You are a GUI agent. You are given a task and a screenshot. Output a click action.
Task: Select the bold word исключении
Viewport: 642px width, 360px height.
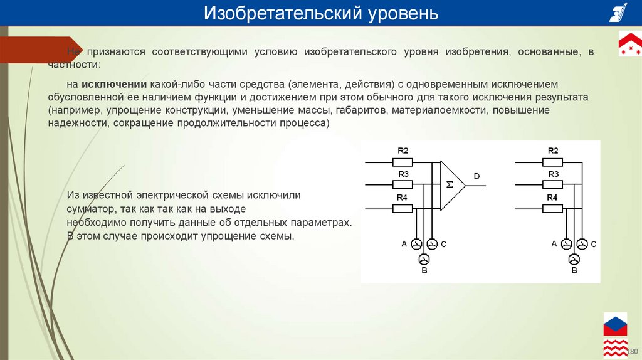[113, 84]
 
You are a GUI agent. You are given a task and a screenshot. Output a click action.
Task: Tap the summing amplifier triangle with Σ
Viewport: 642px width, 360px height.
[450, 184]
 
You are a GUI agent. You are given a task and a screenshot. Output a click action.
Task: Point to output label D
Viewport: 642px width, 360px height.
[476, 177]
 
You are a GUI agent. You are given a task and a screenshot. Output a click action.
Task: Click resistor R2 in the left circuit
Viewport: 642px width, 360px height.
[403, 162]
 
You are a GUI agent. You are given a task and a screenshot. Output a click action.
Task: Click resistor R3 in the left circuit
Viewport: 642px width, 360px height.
[403, 185]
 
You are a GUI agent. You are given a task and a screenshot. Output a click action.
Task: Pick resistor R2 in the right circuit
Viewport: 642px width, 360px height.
[553, 162]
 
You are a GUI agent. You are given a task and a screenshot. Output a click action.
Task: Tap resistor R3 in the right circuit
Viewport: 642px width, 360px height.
[553, 185]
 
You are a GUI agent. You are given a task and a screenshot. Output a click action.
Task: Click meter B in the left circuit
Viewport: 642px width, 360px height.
[424, 259]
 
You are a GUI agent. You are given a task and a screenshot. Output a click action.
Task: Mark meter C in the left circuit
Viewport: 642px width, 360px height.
[432, 244]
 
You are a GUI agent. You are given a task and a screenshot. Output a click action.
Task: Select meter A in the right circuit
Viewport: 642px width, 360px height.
[566, 244]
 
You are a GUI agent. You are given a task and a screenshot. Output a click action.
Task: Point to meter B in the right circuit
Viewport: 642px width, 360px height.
[574, 259]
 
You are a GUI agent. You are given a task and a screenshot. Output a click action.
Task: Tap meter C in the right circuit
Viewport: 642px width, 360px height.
[582, 244]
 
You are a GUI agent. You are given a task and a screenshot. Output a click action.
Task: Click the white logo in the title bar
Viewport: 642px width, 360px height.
[618, 13]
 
